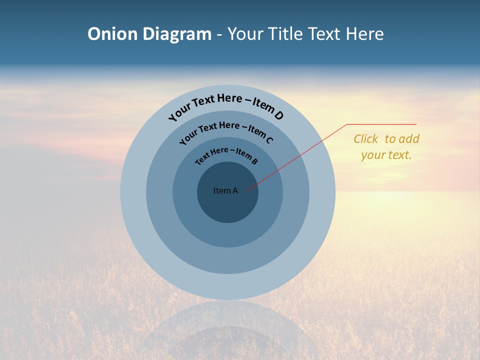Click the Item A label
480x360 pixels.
[225, 190]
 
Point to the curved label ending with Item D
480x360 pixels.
[226, 106]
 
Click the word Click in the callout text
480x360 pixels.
[365, 139]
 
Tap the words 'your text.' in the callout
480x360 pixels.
[386, 155]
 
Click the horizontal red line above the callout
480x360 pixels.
[381, 124]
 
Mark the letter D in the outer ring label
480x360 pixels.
[279, 115]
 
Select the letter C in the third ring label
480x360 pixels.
[269, 140]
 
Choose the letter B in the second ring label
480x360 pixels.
[254, 161]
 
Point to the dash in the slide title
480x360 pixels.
[219, 34]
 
